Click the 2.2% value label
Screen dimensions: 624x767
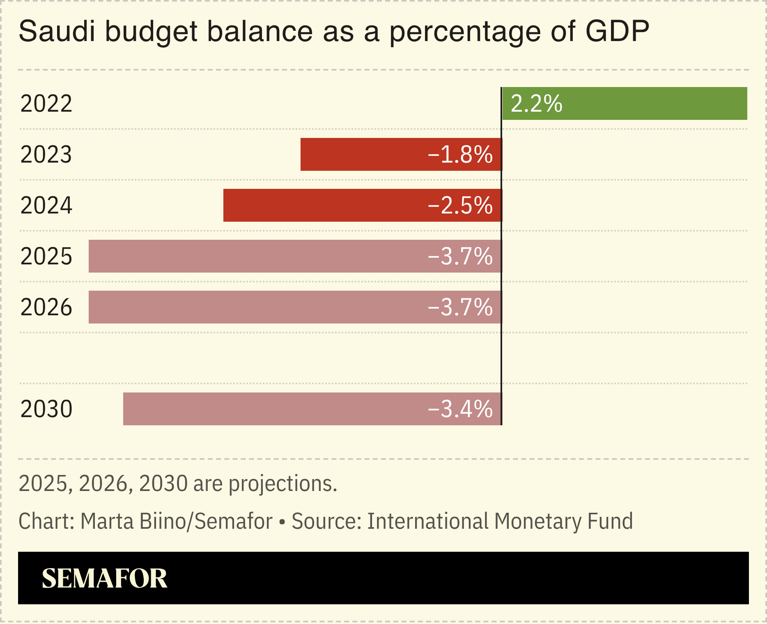pyautogui.click(x=536, y=103)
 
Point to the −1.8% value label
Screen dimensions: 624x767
pyautogui.click(x=460, y=155)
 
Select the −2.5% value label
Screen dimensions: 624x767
pyautogui.click(x=460, y=206)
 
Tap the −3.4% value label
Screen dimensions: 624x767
pyautogui.click(x=460, y=409)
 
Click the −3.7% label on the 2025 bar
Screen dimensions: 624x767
pyautogui.click(x=460, y=257)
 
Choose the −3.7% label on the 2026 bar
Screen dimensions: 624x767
pyautogui.click(x=460, y=307)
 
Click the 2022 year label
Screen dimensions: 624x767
pyautogui.click(x=46, y=104)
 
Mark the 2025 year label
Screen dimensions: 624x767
pyautogui.click(x=46, y=257)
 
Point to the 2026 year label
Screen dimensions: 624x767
pyautogui.click(x=46, y=307)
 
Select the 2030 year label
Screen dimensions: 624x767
pyautogui.click(x=46, y=409)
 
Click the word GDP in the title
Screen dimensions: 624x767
pyautogui.click(x=617, y=31)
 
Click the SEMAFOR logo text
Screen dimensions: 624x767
pyautogui.click(x=104, y=578)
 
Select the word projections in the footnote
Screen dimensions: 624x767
pyautogui.click(x=282, y=484)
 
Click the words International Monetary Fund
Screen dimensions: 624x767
pyautogui.click(x=500, y=521)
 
